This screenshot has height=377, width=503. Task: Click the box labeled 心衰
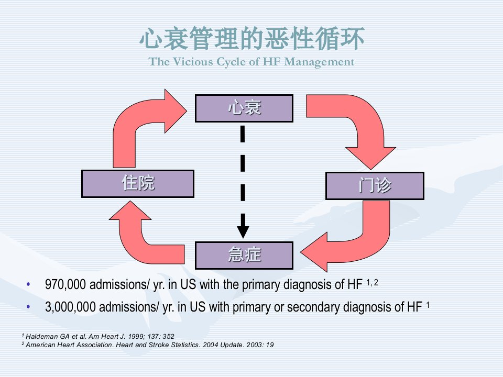[x=244, y=108]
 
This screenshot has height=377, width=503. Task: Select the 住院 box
[x=138, y=184]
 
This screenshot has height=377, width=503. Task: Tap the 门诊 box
[x=375, y=186]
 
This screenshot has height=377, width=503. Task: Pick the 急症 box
[x=244, y=256]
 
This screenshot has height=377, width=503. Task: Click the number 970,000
[x=65, y=285]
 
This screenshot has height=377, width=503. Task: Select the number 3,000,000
[x=70, y=307]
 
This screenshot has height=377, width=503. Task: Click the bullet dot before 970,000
[x=28, y=284]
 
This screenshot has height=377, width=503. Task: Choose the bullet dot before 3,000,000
[x=28, y=307]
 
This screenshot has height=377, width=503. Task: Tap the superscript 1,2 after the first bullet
[x=372, y=282]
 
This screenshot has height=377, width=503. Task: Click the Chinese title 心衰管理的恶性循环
[x=252, y=38]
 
